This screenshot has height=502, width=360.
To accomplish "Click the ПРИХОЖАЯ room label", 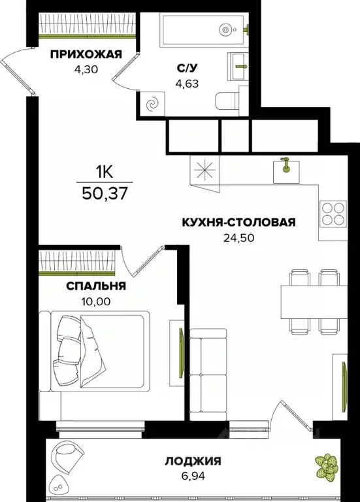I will click(86, 54).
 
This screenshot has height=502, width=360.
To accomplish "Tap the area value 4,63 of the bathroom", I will click(185, 83).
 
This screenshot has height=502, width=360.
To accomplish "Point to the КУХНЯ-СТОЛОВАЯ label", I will click(238, 222).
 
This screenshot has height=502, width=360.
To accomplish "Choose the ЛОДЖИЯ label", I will click(193, 461).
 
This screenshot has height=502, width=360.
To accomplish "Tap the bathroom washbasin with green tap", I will click(240, 64).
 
